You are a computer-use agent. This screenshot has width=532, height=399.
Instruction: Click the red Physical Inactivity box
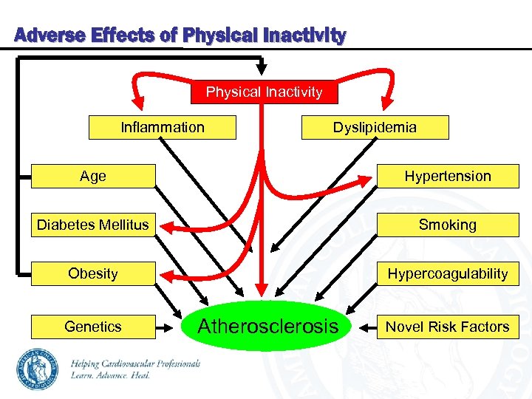tap(264, 92)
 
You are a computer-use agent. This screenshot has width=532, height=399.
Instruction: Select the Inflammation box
tap(162, 128)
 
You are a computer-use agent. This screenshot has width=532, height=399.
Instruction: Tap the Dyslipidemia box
tap(374, 128)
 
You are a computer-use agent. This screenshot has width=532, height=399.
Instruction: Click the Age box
tap(93, 177)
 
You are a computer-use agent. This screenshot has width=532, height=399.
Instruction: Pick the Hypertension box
tap(447, 177)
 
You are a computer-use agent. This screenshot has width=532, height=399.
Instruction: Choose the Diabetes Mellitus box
tap(93, 225)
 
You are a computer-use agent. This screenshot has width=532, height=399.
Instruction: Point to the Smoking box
tap(447, 225)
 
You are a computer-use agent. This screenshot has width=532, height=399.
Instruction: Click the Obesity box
tap(93, 274)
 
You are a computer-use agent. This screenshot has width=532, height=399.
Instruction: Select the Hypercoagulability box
tap(447, 274)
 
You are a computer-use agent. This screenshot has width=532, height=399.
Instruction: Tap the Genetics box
tap(93, 327)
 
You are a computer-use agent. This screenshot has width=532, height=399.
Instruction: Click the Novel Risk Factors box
tap(447, 327)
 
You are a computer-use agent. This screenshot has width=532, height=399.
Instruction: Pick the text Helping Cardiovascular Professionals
tap(135, 363)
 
